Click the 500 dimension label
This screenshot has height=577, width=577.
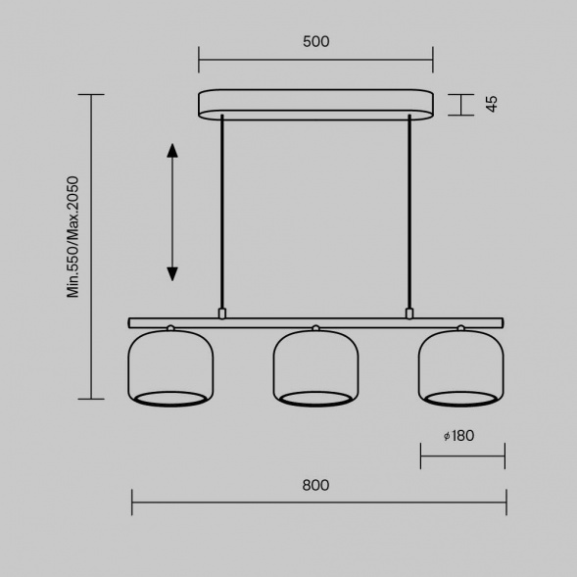click(x=316, y=41)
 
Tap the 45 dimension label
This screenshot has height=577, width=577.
click(x=492, y=104)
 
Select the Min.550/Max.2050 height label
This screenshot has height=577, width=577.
click(x=72, y=237)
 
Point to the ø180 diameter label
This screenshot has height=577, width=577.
click(x=458, y=436)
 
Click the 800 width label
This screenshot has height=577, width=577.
click(x=315, y=485)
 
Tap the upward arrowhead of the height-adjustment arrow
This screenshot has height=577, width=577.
click(x=172, y=151)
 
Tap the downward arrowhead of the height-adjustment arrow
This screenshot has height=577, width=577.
click(x=172, y=274)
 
